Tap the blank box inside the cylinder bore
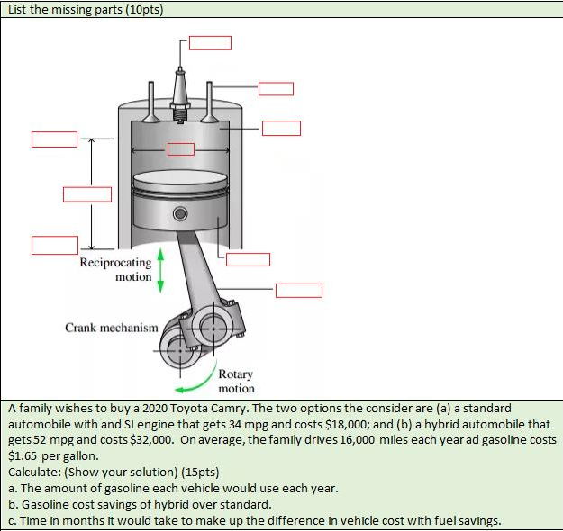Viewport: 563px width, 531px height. point(180,148)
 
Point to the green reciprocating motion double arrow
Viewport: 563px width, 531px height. point(159,269)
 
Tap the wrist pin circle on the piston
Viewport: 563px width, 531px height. point(180,214)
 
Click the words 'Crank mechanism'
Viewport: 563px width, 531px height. point(112,328)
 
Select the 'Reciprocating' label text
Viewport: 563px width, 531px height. point(115,263)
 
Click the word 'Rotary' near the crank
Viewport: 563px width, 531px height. point(236,373)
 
